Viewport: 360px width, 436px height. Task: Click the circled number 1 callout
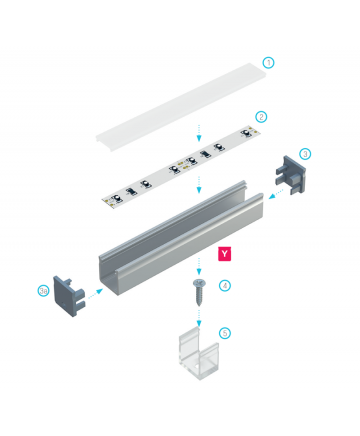tap(268, 63)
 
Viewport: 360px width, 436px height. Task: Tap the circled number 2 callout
tap(261, 117)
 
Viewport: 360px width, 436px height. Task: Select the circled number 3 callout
tap(305, 154)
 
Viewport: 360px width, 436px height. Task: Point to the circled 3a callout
tap(43, 291)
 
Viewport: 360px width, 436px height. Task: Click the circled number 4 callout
tap(225, 286)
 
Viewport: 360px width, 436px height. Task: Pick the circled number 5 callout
tap(225, 333)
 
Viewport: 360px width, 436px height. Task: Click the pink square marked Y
tap(225, 254)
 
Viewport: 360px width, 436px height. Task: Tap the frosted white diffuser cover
tap(182, 107)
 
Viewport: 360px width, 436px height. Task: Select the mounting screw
tap(199, 292)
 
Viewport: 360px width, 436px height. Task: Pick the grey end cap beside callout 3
tap(290, 175)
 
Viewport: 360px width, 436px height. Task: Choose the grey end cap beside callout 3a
tap(69, 295)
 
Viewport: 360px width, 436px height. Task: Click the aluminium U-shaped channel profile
tap(181, 238)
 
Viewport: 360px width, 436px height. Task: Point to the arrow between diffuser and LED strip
tap(199, 132)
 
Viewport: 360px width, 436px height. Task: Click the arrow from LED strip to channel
tap(199, 185)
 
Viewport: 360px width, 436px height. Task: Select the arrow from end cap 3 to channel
tap(276, 194)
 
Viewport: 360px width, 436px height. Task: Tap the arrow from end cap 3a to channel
tap(95, 293)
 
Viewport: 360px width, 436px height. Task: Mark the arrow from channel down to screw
tap(199, 266)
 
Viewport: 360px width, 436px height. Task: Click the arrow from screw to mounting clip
tap(199, 318)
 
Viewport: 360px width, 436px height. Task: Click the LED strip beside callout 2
tap(181, 167)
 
